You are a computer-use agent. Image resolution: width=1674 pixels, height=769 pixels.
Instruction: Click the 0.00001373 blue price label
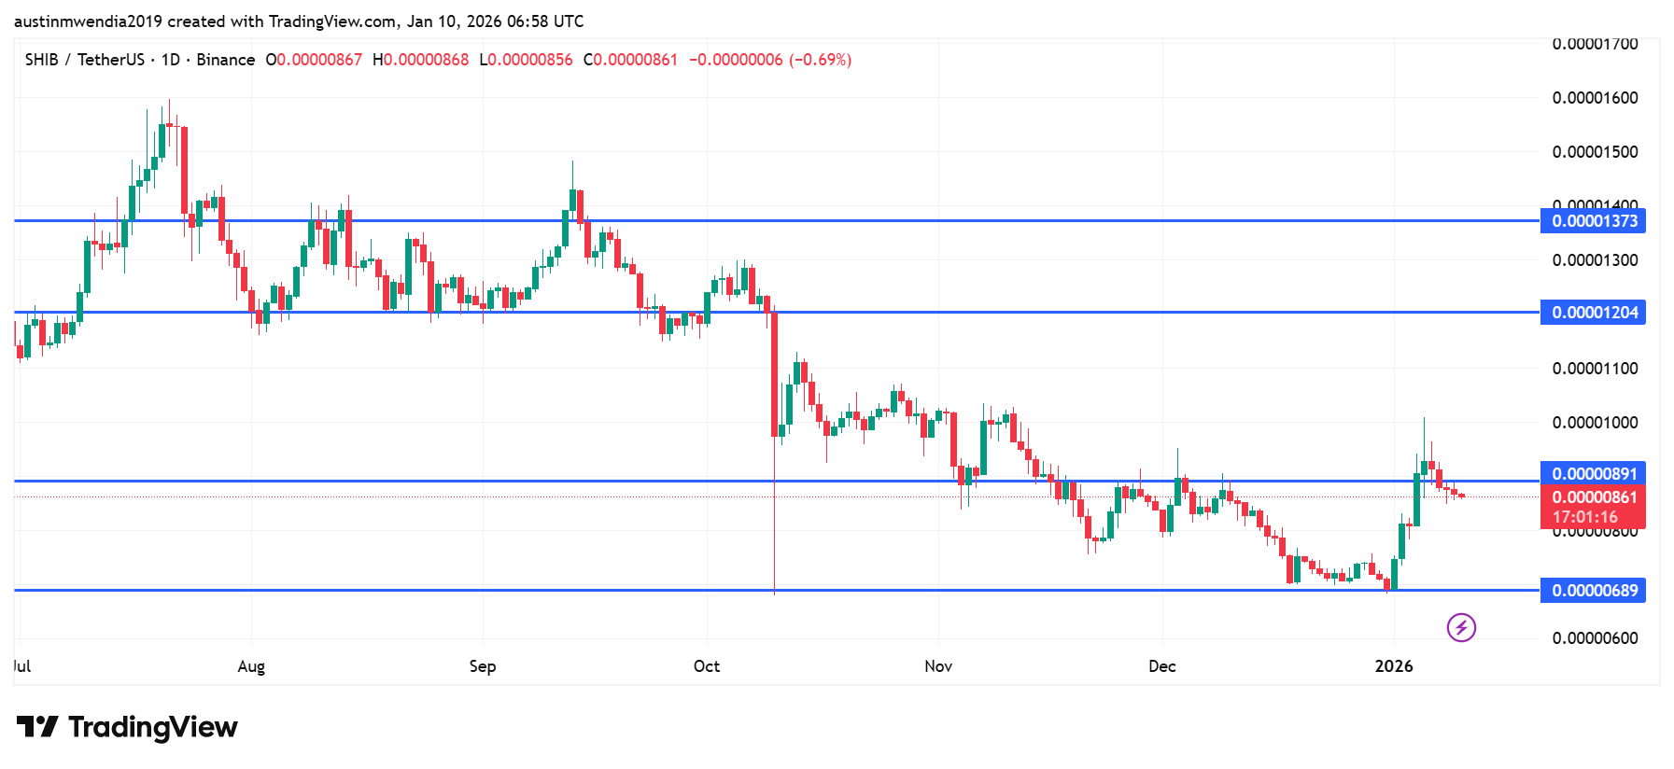tap(1593, 221)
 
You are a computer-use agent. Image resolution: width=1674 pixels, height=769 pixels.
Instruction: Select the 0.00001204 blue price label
tap(1593, 313)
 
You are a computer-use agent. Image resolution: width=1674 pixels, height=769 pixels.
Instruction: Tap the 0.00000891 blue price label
tap(1593, 474)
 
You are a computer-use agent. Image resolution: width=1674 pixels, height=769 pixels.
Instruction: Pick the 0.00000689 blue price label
tap(1593, 591)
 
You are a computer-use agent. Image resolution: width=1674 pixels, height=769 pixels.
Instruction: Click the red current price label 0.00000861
tap(1593, 497)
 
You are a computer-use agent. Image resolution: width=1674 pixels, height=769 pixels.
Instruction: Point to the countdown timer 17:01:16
tap(1584, 517)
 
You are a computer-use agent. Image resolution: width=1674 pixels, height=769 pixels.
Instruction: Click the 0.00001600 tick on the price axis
tap(1595, 98)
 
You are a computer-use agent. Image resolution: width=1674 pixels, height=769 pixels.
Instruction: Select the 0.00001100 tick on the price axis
tap(1595, 369)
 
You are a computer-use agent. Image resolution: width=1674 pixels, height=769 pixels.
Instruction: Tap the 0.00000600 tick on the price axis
tap(1595, 638)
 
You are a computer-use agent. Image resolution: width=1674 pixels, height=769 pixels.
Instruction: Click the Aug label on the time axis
tap(251, 666)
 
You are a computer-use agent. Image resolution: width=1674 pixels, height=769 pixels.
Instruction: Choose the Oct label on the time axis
tap(707, 666)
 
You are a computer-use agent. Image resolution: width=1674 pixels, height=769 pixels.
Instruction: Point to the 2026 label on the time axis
tap(1394, 666)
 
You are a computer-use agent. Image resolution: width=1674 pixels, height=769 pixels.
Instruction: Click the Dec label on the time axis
tap(1162, 666)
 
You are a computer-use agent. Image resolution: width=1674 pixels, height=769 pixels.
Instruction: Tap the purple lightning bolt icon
tap(1461, 627)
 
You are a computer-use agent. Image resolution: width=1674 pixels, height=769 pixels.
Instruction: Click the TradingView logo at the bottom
tap(127, 727)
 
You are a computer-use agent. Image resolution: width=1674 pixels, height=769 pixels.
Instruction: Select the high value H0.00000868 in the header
tap(421, 60)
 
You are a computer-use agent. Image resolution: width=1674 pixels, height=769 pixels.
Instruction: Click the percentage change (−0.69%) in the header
tap(821, 60)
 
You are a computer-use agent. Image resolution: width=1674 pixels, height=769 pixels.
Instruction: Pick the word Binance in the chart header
tap(226, 60)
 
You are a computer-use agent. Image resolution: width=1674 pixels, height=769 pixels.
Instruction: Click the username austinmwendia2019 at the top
tap(88, 21)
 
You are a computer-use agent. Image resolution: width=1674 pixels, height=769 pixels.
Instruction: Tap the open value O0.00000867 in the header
tap(314, 60)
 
